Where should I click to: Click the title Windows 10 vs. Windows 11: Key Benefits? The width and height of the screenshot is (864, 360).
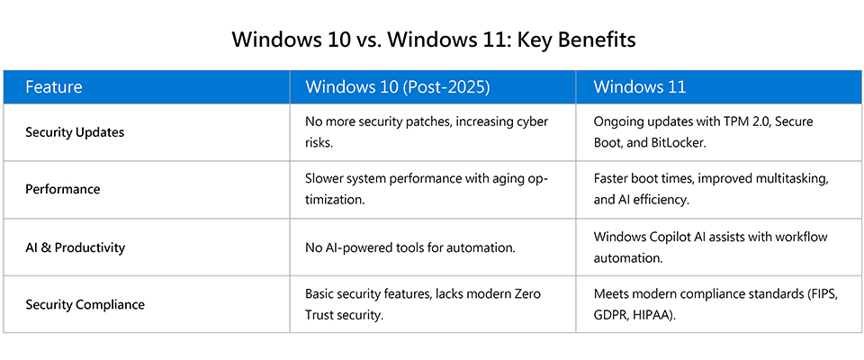pyautogui.click(x=433, y=40)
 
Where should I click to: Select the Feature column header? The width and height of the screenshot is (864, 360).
pyautogui.click(x=54, y=87)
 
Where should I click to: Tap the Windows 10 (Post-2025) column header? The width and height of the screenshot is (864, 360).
pyautogui.click(x=397, y=87)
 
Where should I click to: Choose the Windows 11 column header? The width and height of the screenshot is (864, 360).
pyautogui.click(x=640, y=87)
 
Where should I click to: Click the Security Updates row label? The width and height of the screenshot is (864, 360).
pyautogui.click(x=75, y=132)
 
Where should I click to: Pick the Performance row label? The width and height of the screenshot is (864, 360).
pyautogui.click(x=63, y=189)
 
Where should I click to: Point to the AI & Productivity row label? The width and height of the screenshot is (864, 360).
pyautogui.click(x=76, y=247)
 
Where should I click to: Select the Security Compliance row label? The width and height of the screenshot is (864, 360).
pyautogui.click(x=85, y=304)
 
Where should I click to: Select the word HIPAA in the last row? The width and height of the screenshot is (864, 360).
pyautogui.click(x=659, y=316)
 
